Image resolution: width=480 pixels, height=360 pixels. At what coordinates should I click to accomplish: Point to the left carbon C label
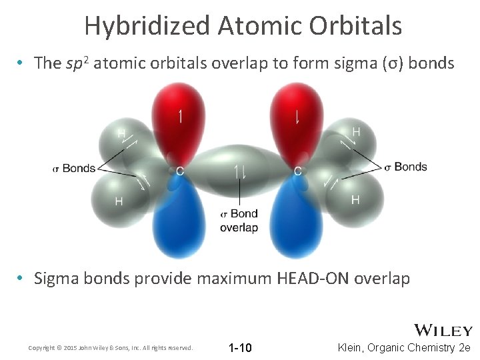point(179,171)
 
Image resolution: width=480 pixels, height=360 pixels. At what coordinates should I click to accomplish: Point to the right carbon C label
point(298,171)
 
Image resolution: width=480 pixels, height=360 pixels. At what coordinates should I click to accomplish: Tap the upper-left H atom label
point(121,134)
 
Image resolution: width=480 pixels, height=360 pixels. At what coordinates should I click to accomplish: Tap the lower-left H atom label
point(119,201)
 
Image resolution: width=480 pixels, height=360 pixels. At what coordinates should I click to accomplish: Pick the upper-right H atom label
point(356,132)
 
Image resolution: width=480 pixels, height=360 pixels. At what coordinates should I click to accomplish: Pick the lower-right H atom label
point(355,199)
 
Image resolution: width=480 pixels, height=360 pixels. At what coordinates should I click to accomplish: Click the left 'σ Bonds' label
point(74,168)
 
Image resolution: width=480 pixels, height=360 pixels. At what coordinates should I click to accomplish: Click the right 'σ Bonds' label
point(405,166)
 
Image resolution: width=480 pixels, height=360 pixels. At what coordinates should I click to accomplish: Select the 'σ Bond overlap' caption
point(239,221)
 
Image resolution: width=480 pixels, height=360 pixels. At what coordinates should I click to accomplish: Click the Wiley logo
point(443,331)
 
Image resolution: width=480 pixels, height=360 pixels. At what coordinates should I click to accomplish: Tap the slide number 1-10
point(240,348)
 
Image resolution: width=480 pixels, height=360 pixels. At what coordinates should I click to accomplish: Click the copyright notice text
point(111,348)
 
